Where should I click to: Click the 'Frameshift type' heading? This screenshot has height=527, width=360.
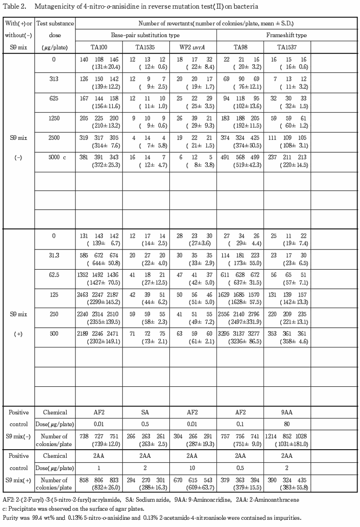287,35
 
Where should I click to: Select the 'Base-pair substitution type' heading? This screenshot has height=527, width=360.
146,35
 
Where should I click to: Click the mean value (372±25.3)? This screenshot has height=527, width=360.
99,165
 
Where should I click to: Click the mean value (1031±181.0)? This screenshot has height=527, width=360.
288,445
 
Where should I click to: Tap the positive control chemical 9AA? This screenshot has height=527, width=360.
287,412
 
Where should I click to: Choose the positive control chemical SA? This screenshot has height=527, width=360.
146,412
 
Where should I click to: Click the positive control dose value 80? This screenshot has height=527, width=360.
287,424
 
